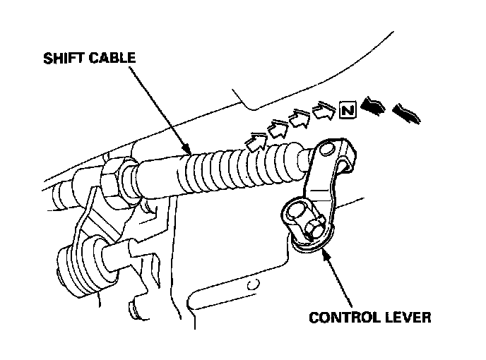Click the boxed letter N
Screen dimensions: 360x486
[346, 111]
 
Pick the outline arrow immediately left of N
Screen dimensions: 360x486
[322, 112]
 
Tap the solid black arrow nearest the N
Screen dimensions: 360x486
[371, 107]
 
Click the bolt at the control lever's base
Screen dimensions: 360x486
[311, 227]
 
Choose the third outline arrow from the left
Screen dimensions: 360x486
[300, 119]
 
